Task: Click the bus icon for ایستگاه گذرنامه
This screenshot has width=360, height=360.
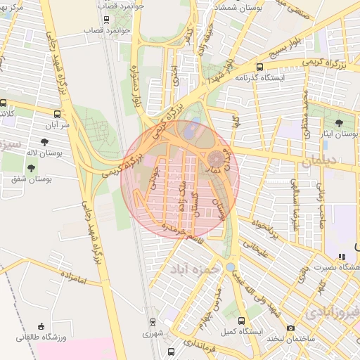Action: click(x=228, y=77)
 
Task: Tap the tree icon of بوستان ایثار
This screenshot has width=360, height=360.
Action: click(x=342, y=122)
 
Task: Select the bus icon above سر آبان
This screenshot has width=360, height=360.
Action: click(x=57, y=113)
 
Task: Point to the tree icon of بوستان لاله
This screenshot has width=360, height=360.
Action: click(x=44, y=143)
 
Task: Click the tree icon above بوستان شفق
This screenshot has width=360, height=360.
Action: click(x=31, y=168)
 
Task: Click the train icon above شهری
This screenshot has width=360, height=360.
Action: click(x=153, y=321)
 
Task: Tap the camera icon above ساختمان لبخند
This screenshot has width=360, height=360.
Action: click(x=291, y=328)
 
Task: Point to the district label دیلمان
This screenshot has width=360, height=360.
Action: click(x=322, y=161)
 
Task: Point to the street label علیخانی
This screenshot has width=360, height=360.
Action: click(x=255, y=251)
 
